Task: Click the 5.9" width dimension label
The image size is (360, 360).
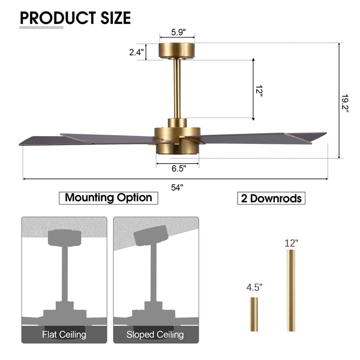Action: coord(178,32)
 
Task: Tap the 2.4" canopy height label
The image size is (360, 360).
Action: coord(136,52)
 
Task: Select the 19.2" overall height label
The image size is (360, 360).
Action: coord(345,103)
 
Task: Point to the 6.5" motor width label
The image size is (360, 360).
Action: coord(179,169)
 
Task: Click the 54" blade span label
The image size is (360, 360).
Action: coord(177,188)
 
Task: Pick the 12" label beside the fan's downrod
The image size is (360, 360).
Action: coord(259,91)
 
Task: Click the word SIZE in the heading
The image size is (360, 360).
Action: coord(115,18)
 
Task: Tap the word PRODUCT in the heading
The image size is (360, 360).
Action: coord(58,18)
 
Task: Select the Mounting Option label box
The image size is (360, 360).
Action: coord(109,198)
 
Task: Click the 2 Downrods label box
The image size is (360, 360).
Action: coord(271,198)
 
